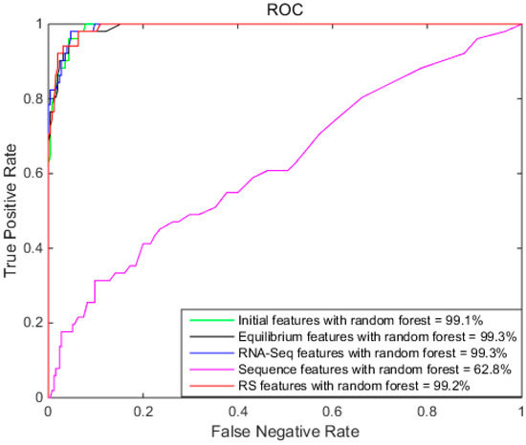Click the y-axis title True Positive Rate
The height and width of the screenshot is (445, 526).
click(11, 210)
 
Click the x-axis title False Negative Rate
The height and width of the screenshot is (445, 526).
click(284, 433)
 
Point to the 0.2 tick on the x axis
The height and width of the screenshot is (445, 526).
click(142, 412)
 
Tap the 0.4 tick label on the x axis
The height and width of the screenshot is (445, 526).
click(237, 412)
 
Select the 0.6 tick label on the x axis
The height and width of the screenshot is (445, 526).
click(332, 412)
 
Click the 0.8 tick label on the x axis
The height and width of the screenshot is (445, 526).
click(427, 412)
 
